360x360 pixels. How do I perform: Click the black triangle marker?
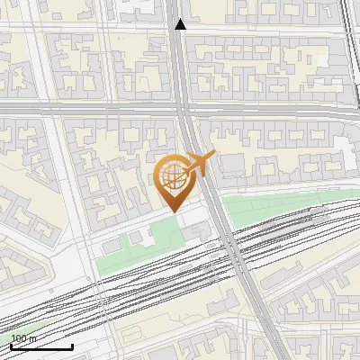(x=180, y=24)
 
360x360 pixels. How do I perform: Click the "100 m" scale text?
(x=24, y=338)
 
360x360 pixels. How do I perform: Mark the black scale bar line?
(x=41, y=346)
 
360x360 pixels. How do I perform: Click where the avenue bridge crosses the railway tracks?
(x=229, y=241)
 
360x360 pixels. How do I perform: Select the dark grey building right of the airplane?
(x=232, y=166)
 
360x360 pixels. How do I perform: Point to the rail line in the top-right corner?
(x=348, y=27)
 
